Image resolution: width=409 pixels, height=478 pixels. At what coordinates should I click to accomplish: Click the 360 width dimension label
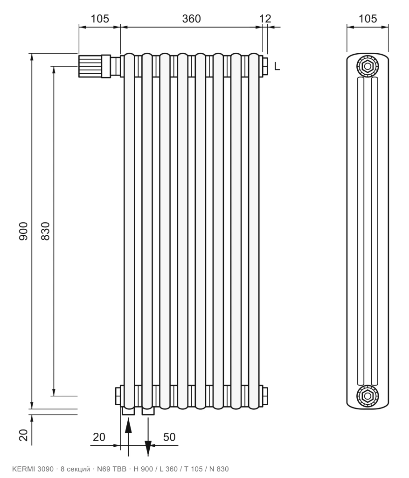pos(191,19)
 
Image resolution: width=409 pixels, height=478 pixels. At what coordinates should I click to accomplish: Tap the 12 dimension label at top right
pos(265,19)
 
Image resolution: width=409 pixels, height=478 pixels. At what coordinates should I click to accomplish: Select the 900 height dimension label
pos(23,231)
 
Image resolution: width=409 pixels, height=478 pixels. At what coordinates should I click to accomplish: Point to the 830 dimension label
pos(45,231)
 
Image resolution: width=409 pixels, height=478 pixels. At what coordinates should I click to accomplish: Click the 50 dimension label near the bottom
pos(169,437)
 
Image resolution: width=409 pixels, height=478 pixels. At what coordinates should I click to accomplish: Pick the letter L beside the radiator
pos(277,66)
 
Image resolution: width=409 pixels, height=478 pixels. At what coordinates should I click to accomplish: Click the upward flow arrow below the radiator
pos(129,437)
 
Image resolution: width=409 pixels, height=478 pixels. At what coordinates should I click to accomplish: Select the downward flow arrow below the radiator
pos(148,437)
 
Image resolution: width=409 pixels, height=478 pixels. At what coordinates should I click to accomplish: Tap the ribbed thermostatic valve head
pos(90,66)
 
